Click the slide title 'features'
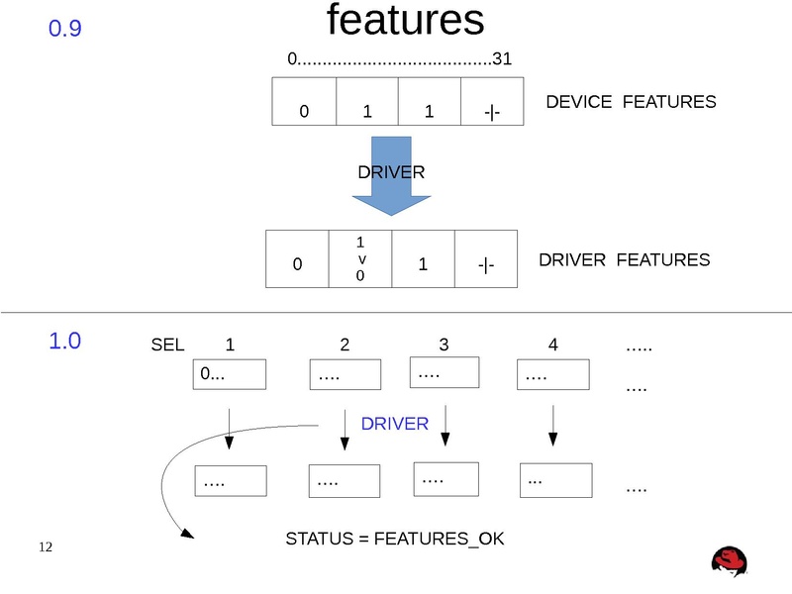405,21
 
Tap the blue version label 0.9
65,30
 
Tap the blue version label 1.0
65,343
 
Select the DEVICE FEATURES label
631,102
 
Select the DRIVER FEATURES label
624,260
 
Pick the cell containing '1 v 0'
360,259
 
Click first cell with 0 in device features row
304,102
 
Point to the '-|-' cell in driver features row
486,259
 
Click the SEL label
167,346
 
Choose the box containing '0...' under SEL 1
229,375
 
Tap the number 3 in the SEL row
444,346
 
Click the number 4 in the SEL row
553,346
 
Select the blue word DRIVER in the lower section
394,424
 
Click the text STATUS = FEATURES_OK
394,540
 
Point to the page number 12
45,547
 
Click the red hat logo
730,561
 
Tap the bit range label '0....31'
399,59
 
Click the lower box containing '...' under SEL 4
555,481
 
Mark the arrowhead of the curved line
187,536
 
